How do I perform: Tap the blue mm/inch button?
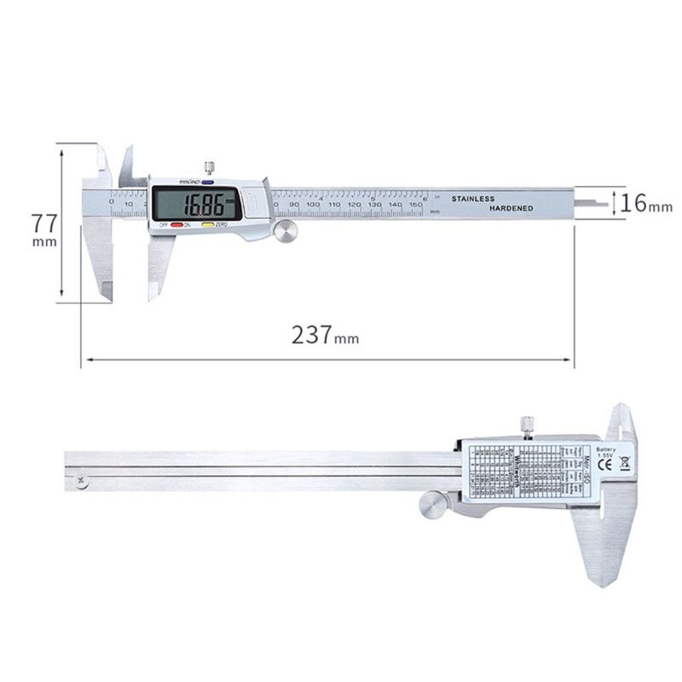[x=207, y=182]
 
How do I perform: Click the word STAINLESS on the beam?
[x=472, y=199]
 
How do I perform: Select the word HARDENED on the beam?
[x=511, y=209]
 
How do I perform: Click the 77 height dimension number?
[x=44, y=224]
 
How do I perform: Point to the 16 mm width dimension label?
[x=645, y=203]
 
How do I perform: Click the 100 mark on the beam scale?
[x=313, y=205]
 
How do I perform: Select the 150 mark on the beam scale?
[x=416, y=205]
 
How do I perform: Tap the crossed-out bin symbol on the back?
[x=624, y=465]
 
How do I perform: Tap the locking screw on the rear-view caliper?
[x=527, y=425]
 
